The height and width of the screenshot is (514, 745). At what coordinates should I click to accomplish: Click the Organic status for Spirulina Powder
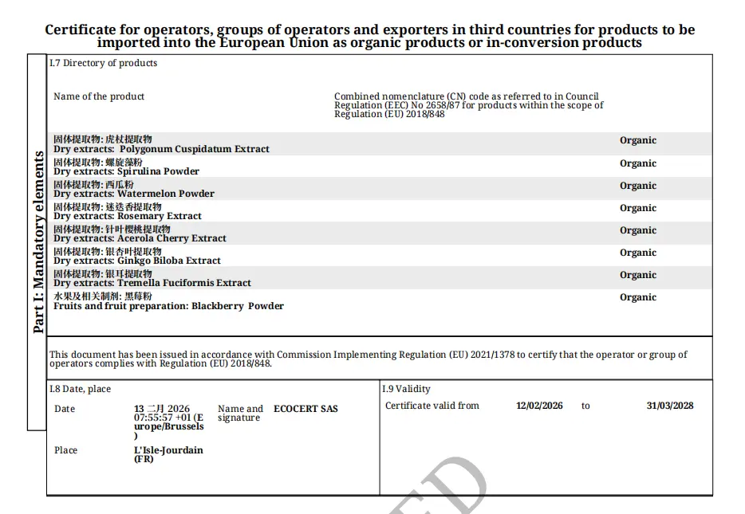pyautogui.click(x=638, y=163)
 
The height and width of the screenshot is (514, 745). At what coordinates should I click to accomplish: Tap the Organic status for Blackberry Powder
pyautogui.click(x=638, y=297)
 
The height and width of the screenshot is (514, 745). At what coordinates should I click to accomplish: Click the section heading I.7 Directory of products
pyautogui.click(x=103, y=63)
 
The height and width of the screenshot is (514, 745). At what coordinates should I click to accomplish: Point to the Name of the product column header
pyautogui.click(x=99, y=96)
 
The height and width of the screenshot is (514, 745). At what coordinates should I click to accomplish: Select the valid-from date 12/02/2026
pyautogui.click(x=539, y=406)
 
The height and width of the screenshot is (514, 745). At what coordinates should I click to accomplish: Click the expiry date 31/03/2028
pyautogui.click(x=669, y=406)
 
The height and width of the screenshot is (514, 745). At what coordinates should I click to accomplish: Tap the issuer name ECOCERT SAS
pyautogui.click(x=305, y=409)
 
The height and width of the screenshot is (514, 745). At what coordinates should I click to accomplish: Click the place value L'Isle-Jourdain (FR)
pyautogui.click(x=168, y=454)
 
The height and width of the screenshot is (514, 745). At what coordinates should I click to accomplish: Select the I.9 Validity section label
pyautogui.click(x=406, y=389)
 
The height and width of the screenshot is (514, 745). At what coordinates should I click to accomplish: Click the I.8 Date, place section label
pyautogui.click(x=80, y=389)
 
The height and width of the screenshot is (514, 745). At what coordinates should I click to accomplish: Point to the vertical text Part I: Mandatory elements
pyautogui.click(x=37, y=241)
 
